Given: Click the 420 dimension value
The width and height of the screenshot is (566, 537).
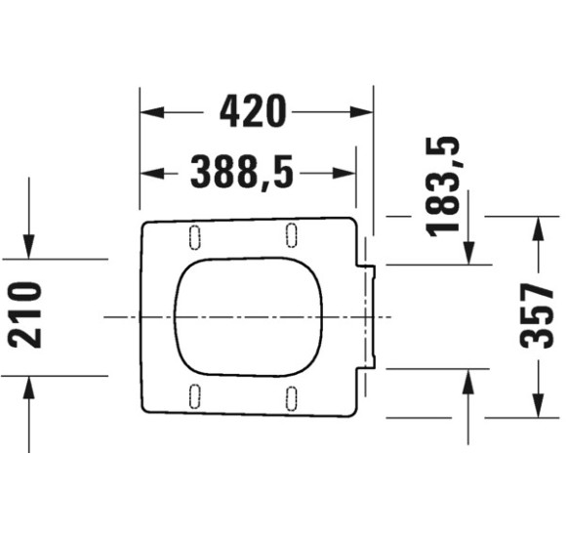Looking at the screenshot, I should [x=254, y=112].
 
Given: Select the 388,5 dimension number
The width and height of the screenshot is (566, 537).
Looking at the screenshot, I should [x=242, y=173].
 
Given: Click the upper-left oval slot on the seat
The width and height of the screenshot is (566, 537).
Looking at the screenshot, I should [x=193, y=236].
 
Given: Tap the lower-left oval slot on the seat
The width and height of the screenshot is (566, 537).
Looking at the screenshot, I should [x=193, y=396].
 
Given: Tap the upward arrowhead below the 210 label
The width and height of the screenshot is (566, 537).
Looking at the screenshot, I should [x=29, y=384].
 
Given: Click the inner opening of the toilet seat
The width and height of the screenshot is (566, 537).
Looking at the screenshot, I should [x=249, y=316].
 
